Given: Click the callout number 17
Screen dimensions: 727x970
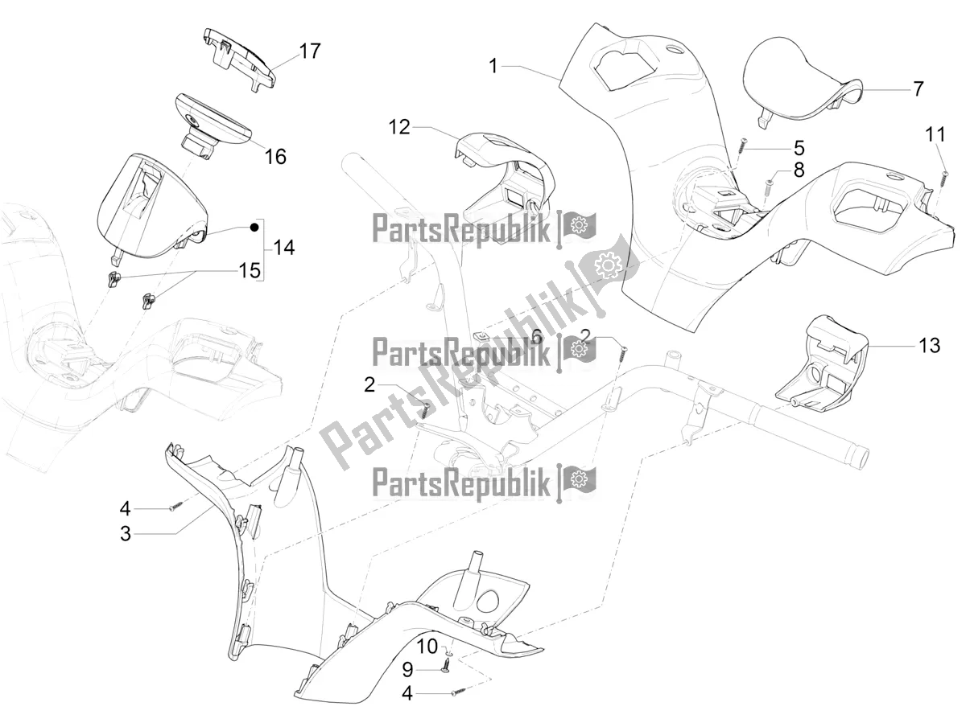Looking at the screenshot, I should click(309, 51).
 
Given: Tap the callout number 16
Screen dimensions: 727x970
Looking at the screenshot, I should click(275, 156).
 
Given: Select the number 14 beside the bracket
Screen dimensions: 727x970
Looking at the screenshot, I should click(283, 248).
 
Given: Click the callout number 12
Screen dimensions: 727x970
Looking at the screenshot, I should click(399, 127).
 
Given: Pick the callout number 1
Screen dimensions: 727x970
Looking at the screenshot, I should click(493, 66).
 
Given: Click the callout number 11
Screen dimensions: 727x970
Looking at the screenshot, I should click(935, 133).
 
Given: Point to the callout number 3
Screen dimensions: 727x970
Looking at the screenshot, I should click(126, 533).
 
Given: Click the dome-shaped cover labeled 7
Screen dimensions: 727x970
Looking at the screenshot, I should click(797, 84).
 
